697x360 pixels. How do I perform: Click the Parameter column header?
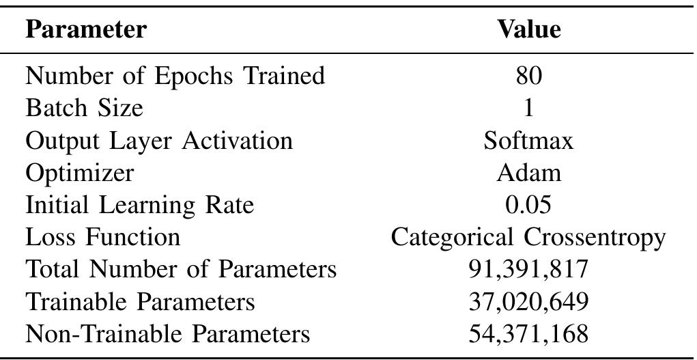point(85,29)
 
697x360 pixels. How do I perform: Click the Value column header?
point(528,29)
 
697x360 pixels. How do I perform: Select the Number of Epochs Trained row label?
point(175,75)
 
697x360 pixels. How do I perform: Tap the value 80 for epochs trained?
point(528,75)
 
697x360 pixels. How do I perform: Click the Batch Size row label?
point(84,108)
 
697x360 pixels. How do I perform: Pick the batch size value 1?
point(528,108)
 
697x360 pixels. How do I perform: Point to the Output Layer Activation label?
point(158,141)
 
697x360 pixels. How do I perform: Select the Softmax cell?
point(528,141)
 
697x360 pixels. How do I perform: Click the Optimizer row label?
point(79,173)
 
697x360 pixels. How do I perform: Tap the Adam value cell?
point(528,173)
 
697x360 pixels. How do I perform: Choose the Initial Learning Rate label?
point(139,205)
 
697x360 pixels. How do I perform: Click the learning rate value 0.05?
point(528,205)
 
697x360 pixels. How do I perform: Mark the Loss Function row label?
point(102,237)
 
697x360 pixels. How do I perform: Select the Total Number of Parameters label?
point(181,269)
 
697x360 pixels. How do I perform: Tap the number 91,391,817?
point(528,270)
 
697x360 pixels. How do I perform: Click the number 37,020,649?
point(528,302)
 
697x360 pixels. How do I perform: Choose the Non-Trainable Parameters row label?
point(167,334)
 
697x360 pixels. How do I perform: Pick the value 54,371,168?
point(528,335)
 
